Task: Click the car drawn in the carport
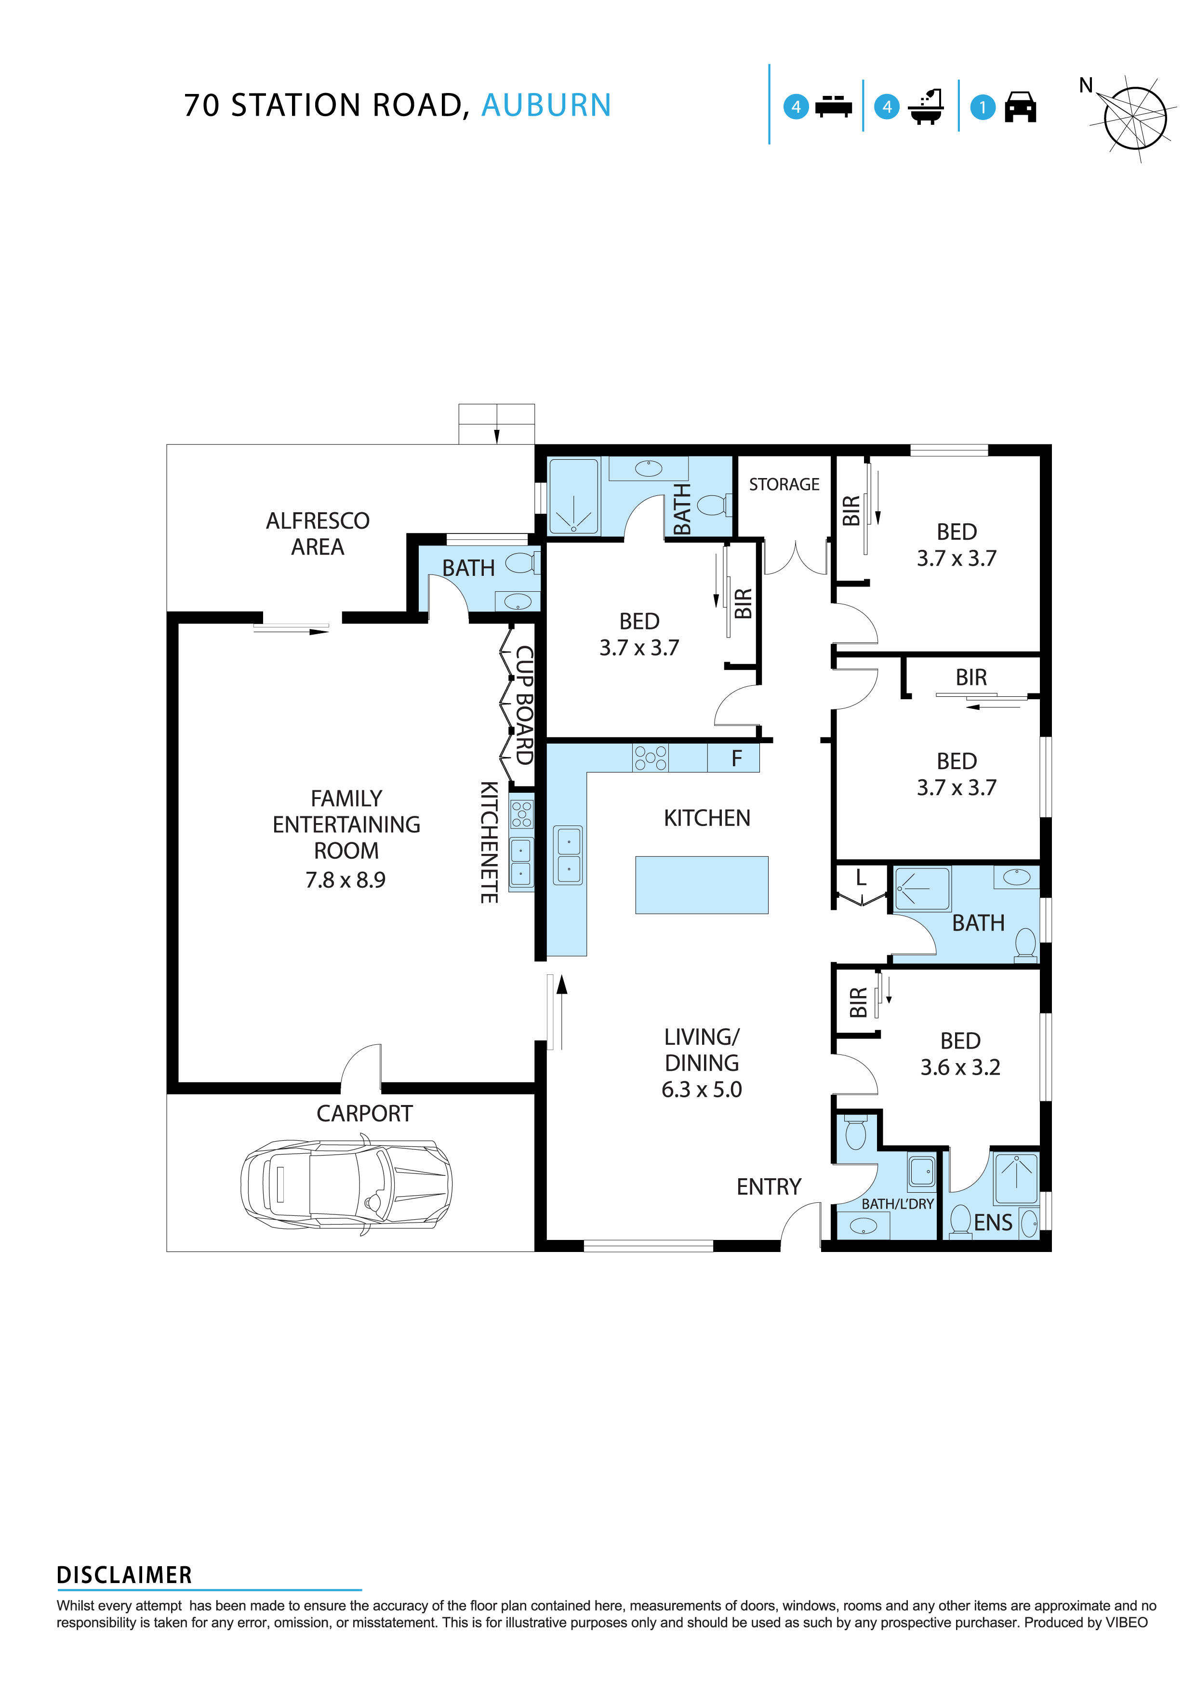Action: point(346,1185)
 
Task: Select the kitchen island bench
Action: point(701,885)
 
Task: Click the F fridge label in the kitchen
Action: point(736,759)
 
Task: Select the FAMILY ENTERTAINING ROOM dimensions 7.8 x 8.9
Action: point(346,880)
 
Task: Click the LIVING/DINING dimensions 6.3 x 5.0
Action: point(701,1089)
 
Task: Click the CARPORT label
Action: point(365,1114)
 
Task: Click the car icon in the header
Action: point(1020,107)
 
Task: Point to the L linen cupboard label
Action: point(860,878)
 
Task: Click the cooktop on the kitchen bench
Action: point(651,758)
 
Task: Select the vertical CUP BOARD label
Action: point(524,705)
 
